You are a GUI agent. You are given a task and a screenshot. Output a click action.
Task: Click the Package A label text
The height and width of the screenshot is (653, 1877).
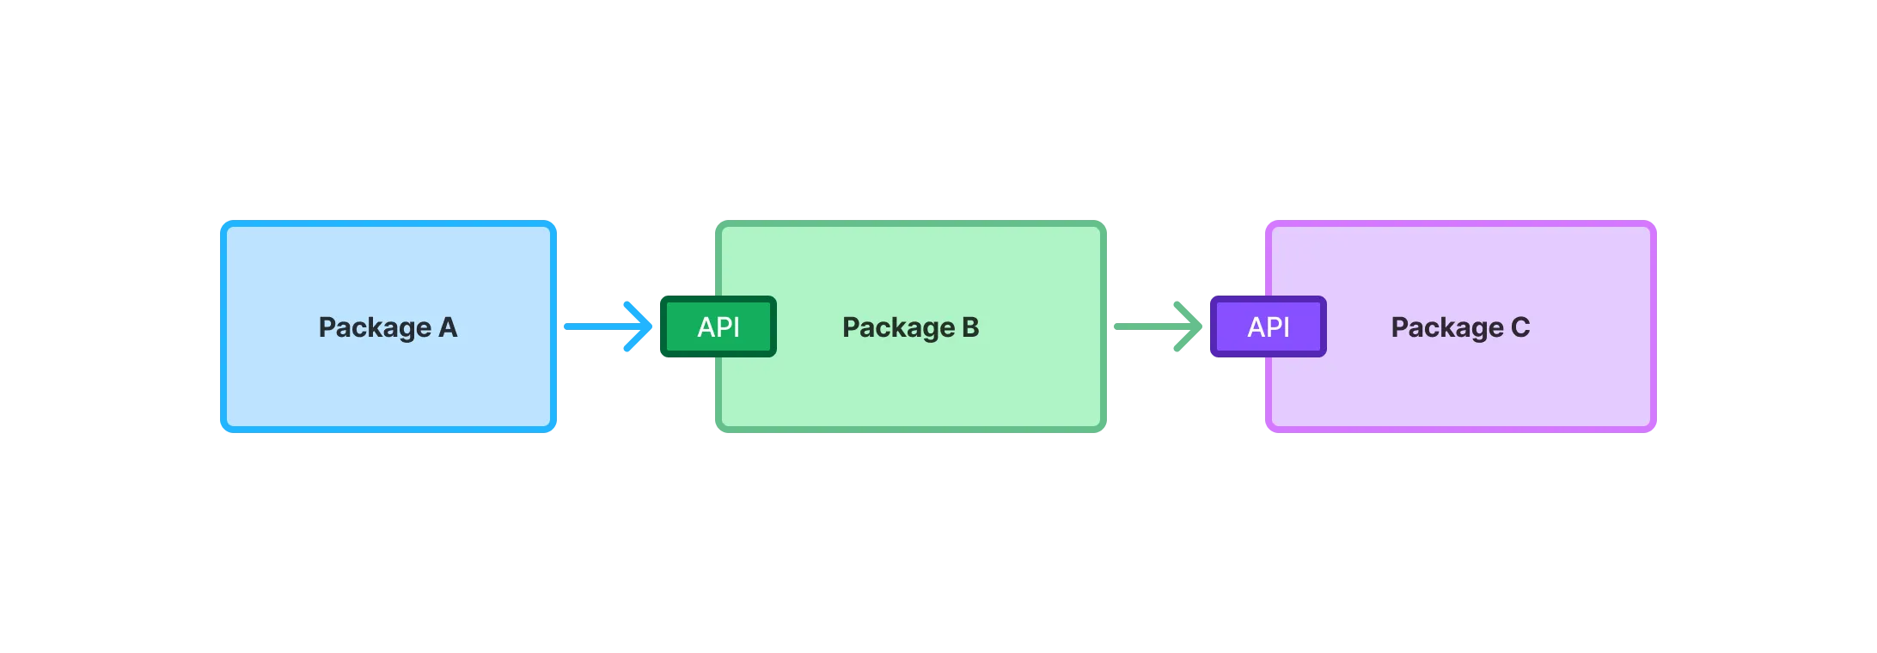pos(388,327)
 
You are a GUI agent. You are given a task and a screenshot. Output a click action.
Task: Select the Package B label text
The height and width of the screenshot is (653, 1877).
pos(910,327)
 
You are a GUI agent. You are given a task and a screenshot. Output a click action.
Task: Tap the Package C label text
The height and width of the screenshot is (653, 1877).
pos(1460,327)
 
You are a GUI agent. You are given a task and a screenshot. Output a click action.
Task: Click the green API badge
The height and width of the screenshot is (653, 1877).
pos(718,326)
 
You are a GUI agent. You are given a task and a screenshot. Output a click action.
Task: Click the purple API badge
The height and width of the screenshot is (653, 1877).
pos(1269,326)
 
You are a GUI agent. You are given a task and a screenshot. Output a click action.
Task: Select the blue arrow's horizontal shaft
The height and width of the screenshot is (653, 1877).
pos(593,326)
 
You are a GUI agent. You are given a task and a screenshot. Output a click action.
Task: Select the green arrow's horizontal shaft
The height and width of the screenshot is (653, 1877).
pos(1143,326)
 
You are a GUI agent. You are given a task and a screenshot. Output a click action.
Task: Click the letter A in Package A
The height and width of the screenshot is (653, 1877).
pos(448,327)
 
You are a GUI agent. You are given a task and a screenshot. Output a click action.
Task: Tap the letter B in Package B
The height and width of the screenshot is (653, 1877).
pos(970,327)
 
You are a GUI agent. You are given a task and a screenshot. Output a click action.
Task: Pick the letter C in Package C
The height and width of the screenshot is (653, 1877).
pos(1520,327)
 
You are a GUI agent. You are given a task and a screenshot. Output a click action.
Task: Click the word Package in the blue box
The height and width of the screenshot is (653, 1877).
pos(375,327)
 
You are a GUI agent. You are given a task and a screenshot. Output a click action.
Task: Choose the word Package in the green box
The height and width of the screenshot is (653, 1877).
pos(898,327)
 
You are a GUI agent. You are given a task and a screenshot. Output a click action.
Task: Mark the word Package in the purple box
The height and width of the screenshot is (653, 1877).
pos(1447,327)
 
